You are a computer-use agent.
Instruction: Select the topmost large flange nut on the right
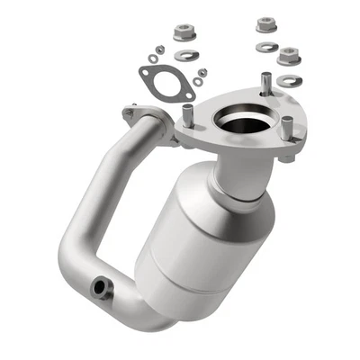[x=265, y=23]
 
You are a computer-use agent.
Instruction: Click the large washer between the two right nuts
[x=268, y=46]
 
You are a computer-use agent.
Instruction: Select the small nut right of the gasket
[x=204, y=68]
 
